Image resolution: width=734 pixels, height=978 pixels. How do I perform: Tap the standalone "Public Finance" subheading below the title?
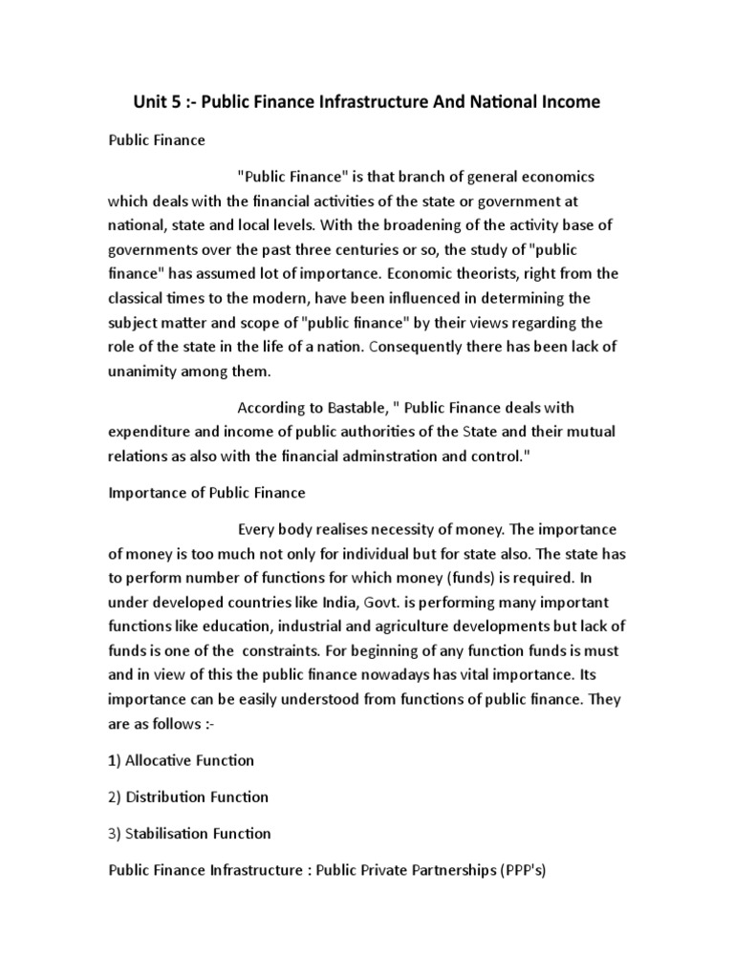click(155, 140)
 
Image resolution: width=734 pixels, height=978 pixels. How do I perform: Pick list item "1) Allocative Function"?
click(180, 760)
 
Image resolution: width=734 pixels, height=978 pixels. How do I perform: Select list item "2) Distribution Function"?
click(187, 797)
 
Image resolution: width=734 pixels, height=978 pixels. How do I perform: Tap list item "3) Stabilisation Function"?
click(188, 833)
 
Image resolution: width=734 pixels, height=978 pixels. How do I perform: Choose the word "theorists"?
click(514, 275)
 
